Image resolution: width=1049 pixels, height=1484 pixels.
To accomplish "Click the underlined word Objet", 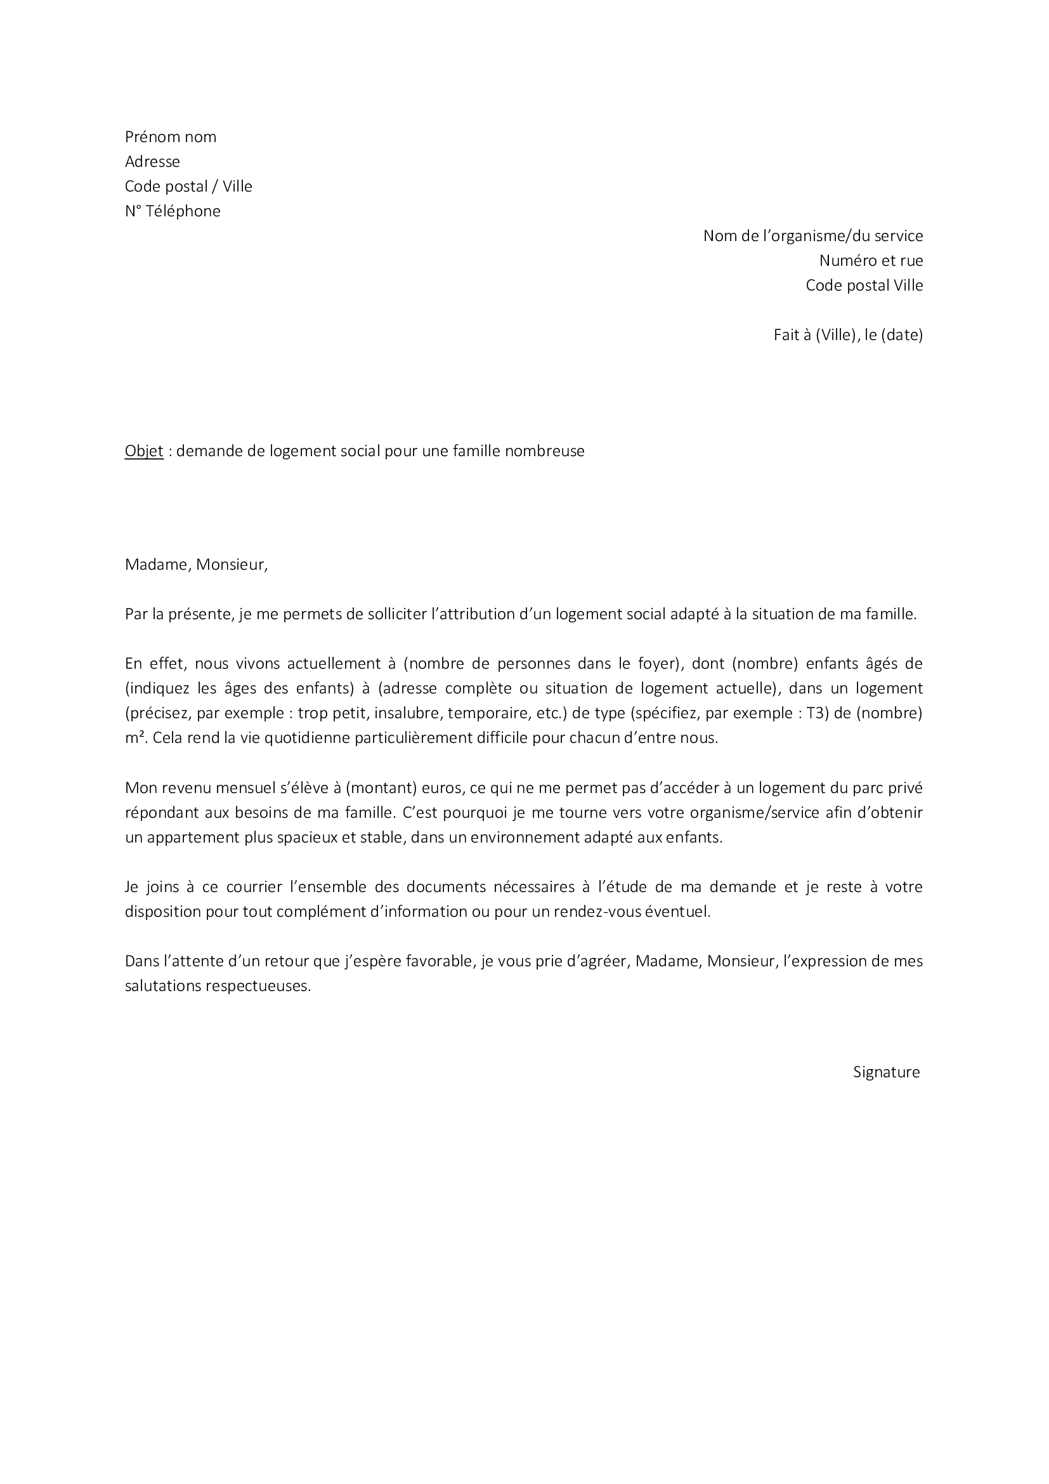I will pos(144,451).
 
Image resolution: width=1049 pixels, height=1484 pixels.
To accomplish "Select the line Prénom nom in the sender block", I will pos(171,137).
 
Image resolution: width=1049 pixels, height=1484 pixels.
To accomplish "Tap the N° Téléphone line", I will pos(173,211).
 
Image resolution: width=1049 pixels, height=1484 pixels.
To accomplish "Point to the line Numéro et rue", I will pos(871,261).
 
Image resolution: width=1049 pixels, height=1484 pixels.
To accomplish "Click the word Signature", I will pos(886,1072).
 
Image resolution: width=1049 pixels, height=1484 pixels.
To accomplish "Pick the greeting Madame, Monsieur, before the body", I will pos(196,565).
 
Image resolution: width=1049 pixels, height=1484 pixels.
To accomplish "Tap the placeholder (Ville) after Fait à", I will pos(835,335).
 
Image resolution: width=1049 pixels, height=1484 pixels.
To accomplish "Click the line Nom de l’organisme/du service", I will pos(812,236).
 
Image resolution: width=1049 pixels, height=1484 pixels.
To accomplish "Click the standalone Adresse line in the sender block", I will pos(152,162).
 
